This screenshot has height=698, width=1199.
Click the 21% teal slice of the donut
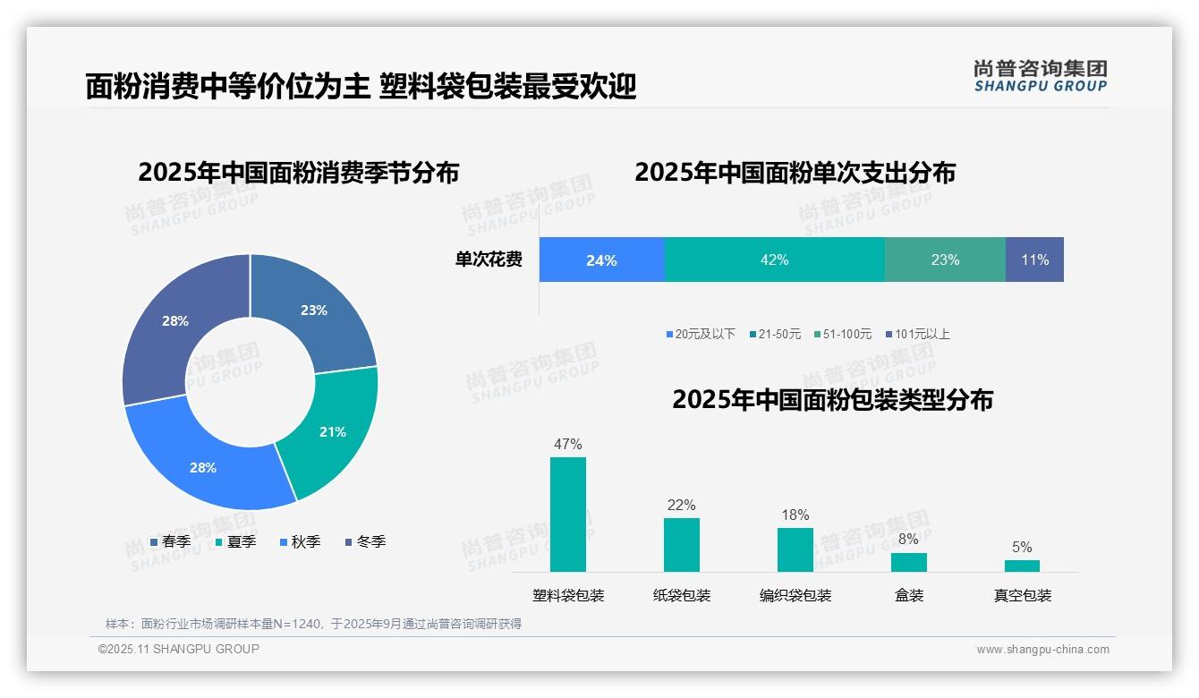click(333, 431)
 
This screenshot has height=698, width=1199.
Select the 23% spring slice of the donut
click(314, 310)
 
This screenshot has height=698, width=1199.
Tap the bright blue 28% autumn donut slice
click(203, 467)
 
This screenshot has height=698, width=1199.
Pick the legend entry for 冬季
click(366, 541)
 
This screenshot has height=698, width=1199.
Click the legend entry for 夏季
click(236, 541)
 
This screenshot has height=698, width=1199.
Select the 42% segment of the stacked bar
click(774, 260)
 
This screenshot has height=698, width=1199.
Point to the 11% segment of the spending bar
click(1034, 260)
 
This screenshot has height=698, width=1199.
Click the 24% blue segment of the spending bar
click(601, 260)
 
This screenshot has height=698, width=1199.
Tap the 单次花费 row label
click(489, 260)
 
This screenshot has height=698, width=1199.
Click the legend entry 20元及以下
click(701, 334)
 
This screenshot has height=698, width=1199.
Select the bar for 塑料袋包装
click(568, 515)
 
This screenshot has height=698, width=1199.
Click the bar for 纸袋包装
click(682, 544)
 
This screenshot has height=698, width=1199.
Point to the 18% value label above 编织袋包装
click(795, 515)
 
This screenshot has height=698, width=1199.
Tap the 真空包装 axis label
click(1023, 595)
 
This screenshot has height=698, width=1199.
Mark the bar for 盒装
click(908, 562)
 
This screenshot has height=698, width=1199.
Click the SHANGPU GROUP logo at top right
click(1040, 76)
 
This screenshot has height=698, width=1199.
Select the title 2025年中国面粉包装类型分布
click(832, 399)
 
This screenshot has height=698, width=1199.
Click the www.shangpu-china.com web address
click(1042, 650)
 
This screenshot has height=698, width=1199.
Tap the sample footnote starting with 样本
click(313, 624)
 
